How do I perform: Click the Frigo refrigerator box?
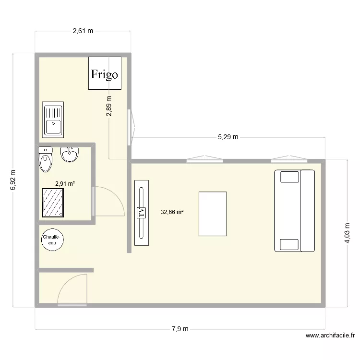(x=105, y=73)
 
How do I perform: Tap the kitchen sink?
(x=53, y=119)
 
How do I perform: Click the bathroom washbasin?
(x=70, y=154)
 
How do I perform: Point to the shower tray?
(x=53, y=202)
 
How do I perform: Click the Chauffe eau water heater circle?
(x=50, y=240)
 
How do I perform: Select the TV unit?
(x=142, y=213)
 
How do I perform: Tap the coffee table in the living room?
(x=213, y=214)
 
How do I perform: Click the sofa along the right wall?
(x=294, y=210)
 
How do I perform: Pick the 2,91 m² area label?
(x=65, y=183)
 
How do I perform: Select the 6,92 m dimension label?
(x=13, y=180)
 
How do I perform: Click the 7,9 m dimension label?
(x=180, y=329)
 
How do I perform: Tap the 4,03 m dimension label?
(x=347, y=233)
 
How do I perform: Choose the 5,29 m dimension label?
(x=228, y=137)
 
